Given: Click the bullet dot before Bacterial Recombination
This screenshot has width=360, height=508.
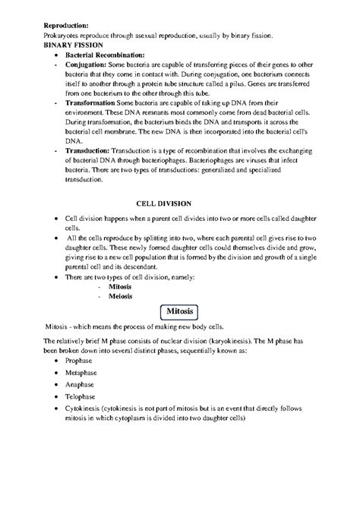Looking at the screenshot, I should (x=59, y=57).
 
